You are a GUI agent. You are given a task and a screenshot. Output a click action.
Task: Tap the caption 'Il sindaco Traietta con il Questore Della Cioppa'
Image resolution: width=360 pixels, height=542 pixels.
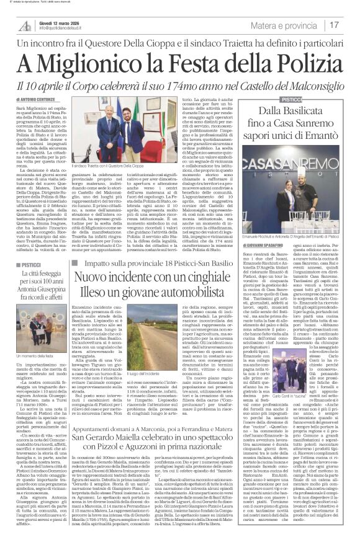pos(108,167)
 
